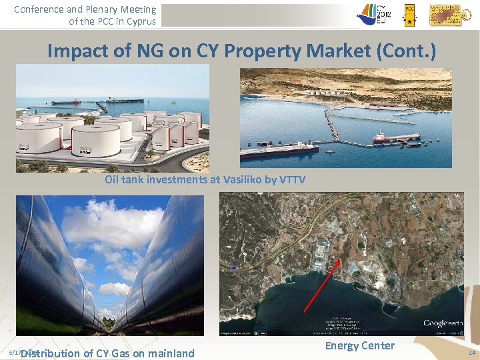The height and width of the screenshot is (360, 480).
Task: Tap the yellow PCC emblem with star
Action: coord(410,13)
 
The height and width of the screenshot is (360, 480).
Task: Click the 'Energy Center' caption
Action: coord(359,345)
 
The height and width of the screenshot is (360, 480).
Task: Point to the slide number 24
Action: coord(472,352)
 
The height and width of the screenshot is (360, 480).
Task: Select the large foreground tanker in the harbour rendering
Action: coord(280,151)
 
